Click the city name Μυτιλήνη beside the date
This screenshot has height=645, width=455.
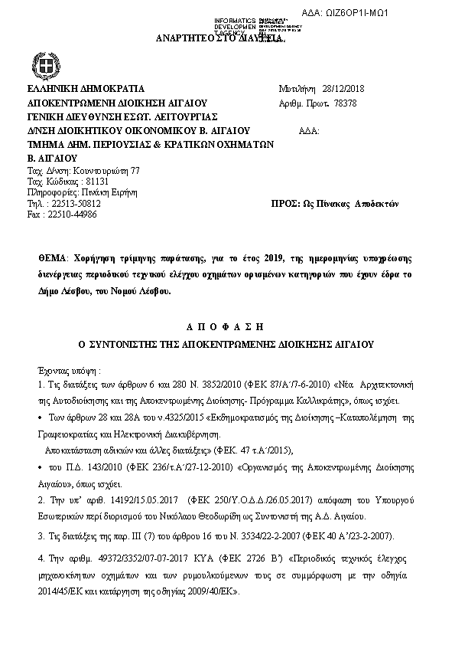tap(295, 88)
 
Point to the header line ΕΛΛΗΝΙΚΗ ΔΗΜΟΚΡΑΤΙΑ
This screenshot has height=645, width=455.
tap(85, 89)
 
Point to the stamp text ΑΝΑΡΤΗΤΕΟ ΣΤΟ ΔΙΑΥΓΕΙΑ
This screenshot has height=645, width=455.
tap(219, 38)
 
